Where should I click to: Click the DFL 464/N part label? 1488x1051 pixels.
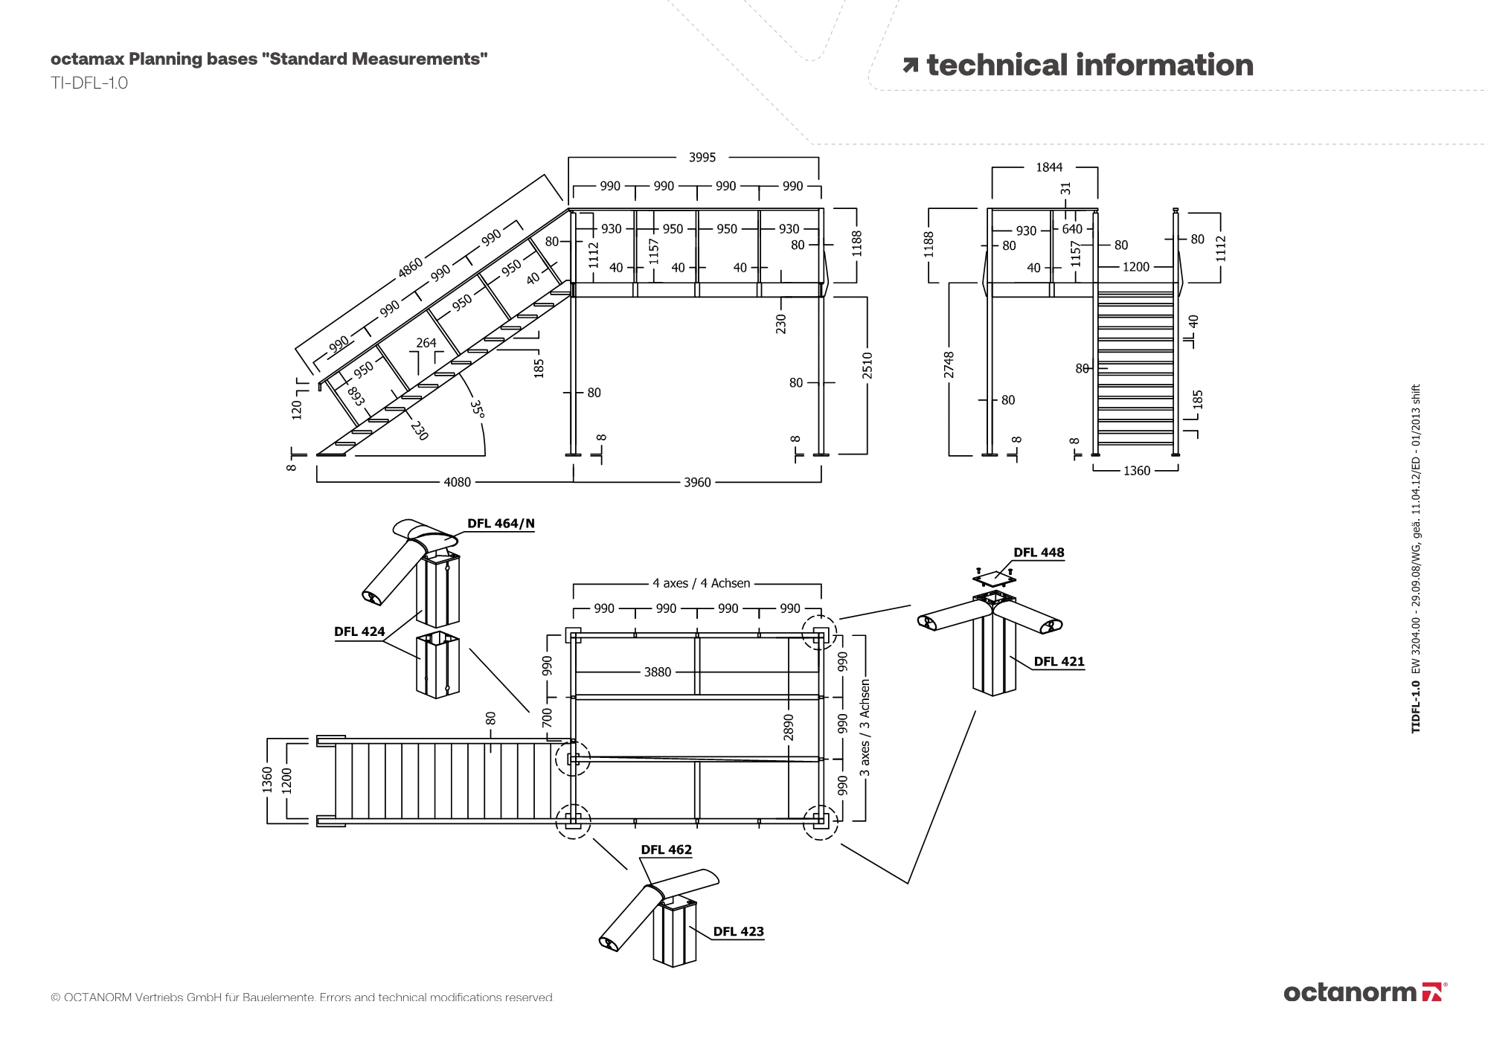(x=501, y=524)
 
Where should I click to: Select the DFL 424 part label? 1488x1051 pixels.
(x=359, y=631)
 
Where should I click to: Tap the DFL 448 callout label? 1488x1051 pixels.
(x=1039, y=553)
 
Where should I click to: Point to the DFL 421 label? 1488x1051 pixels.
(x=1059, y=661)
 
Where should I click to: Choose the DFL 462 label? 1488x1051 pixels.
(x=666, y=849)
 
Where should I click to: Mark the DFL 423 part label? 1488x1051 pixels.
(x=738, y=931)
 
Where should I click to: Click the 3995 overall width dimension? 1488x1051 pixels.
(x=702, y=157)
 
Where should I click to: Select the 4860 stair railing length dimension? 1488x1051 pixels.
(x=410, y=267)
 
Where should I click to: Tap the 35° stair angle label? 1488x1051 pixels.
(x=477, y=410)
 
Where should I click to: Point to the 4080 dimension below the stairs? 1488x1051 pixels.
(x=457, y=482)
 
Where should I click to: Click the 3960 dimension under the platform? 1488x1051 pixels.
(x=697, y=482)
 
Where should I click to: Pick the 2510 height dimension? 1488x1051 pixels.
(x=867, y=366)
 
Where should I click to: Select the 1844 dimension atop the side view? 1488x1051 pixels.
(x=1049, y=167)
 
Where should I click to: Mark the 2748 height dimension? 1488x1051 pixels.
(x=949, y=364)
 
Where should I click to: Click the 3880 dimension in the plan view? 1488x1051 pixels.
(x=657, y=672)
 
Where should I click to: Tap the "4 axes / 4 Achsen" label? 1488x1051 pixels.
(x=701, y=583)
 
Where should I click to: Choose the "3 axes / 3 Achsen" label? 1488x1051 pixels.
(x=865, y=727)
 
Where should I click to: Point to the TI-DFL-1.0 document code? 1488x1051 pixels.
(x=89, y=83)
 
